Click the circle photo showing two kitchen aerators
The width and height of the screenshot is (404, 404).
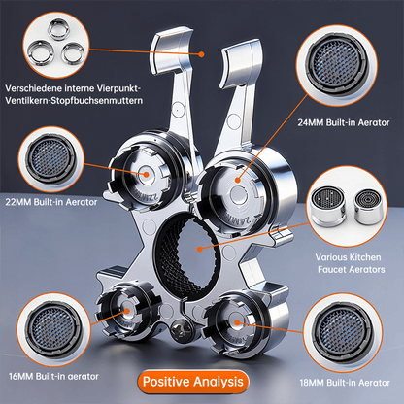click(352, 207)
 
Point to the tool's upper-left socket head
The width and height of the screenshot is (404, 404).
click(146, 175)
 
